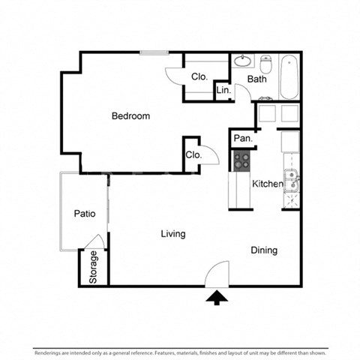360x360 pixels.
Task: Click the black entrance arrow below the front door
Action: click(217, 298)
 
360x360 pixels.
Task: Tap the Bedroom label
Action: click(130, 116)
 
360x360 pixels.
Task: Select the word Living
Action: click(172, 234)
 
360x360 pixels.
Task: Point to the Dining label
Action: click(263, 250)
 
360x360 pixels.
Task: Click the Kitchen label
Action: click(266, 184)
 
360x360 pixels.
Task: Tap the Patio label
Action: click(85, 214)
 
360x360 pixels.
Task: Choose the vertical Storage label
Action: click(94, 265)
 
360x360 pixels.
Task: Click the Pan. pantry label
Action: click(242, 138)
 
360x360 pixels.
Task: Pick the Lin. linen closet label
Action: click(223, 90)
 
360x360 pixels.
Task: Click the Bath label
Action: click(257, 79)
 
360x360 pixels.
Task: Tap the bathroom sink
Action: click(242, 61)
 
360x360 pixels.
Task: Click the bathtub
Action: click(290, 77)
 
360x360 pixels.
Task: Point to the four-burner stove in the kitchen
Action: click(242, 158)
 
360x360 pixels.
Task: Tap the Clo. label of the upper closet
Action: click(199, 76)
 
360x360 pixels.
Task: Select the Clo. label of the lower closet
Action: click(192, 155)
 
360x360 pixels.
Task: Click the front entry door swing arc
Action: click(217, 273)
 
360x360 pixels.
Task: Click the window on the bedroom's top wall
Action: click(154, 52)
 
